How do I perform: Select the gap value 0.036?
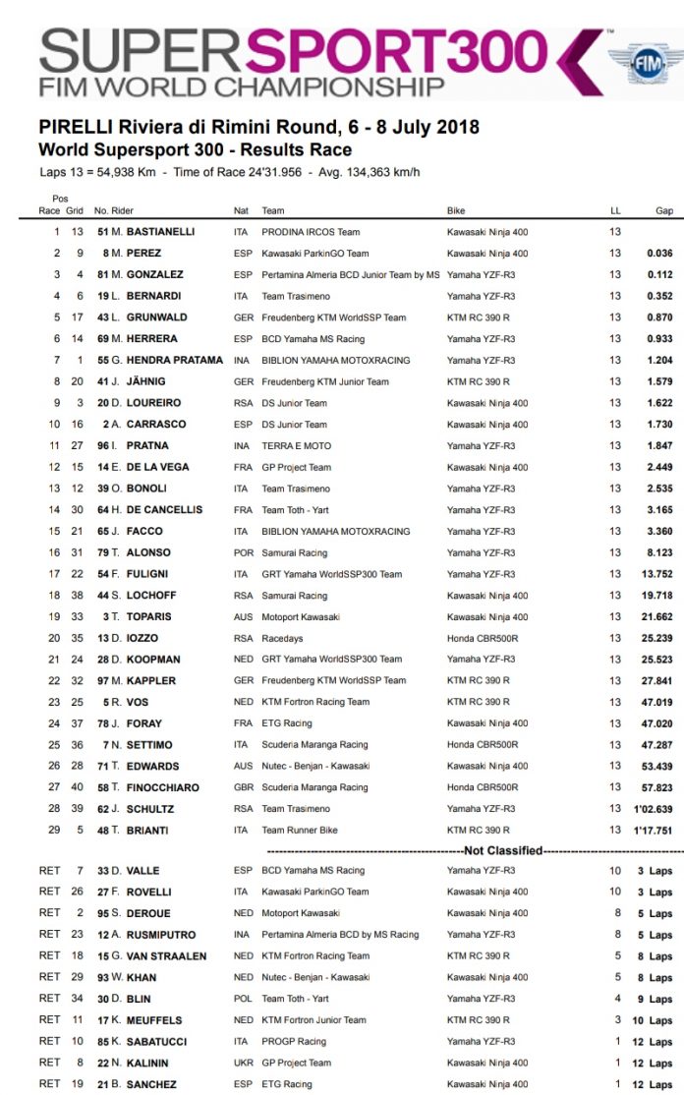(658, 254)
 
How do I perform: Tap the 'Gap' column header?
(664, 211)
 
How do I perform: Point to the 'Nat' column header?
(241, 211)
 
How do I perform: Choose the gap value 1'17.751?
(654, 830)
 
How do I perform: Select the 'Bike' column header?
(456, 211)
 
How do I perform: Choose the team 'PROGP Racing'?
(294, 1041)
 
